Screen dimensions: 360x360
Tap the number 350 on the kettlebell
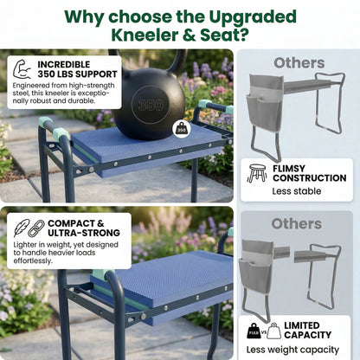pyautogui.click(x=150, y=106)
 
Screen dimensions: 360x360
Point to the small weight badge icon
pyautogui.click(x=182, y=128)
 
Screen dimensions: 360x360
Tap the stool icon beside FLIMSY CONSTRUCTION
pyautogui.click(x=257, y=172)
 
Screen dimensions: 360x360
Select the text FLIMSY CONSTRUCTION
pyautogui.click(x=309, y=172)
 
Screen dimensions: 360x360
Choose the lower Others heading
pyautogui.click(x=297, y=224)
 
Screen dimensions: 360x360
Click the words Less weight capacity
pyautogui.click(x=297, y=350)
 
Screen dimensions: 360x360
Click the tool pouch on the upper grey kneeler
pyautogui.click(x=264, y=108)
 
